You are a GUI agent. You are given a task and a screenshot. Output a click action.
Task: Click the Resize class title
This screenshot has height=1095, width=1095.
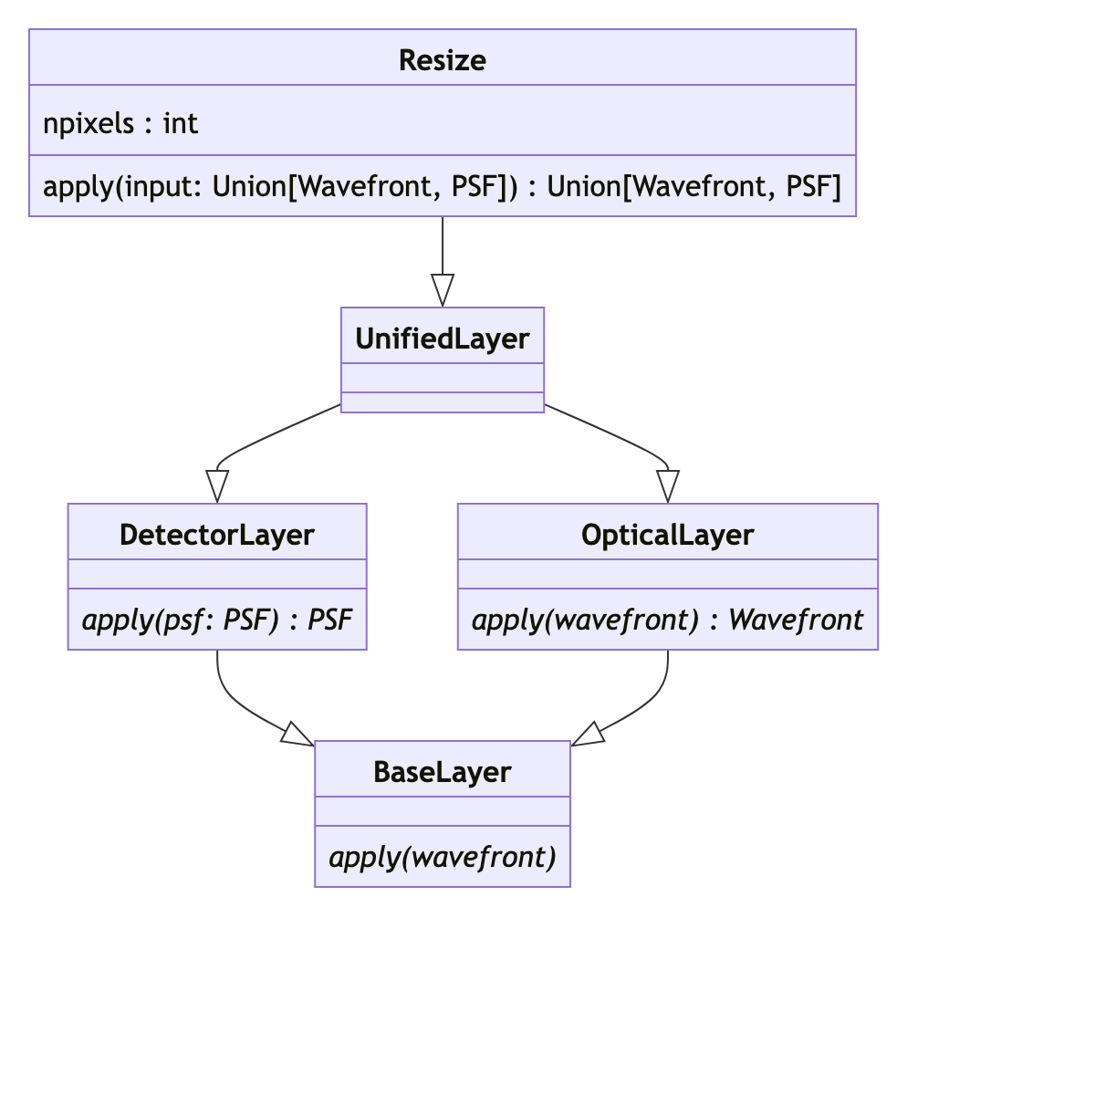point(443,60)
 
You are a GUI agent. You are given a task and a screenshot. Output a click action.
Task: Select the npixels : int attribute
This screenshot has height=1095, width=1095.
point(120,123)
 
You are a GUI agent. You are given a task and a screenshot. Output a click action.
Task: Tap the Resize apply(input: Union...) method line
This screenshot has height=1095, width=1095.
point(442,186)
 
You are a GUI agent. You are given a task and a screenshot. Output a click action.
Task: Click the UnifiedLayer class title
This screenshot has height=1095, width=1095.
point(443,339)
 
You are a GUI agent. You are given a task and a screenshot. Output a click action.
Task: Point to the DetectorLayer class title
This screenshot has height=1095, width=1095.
point(217,535)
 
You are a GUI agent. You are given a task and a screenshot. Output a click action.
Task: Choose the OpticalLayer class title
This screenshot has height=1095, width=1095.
point(668,535)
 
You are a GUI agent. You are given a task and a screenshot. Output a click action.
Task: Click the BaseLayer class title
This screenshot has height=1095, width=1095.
point(443,772)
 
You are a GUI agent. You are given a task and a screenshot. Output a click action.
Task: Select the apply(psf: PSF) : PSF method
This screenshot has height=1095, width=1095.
point(217,620)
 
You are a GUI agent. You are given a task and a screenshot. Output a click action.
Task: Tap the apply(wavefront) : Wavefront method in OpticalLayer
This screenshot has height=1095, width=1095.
point(668,620)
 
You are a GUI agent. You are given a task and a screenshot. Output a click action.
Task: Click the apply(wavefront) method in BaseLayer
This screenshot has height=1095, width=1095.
point(443,858)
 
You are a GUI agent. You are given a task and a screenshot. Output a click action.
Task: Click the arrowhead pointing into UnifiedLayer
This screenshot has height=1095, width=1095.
point(443,291)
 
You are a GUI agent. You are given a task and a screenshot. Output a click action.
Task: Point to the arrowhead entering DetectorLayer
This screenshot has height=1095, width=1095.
point(217,486)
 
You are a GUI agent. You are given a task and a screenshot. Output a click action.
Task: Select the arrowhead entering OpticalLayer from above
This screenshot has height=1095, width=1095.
point(668,486)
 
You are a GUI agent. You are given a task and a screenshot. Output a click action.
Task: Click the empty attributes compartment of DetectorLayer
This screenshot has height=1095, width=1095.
point(217,574)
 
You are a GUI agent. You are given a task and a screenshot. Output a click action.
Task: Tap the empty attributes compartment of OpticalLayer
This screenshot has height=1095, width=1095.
point(668,574)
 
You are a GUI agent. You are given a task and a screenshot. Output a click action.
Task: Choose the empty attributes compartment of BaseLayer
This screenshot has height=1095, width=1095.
point(443,811)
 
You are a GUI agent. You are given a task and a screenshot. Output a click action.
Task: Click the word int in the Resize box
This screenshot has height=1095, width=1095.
point(181,123)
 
